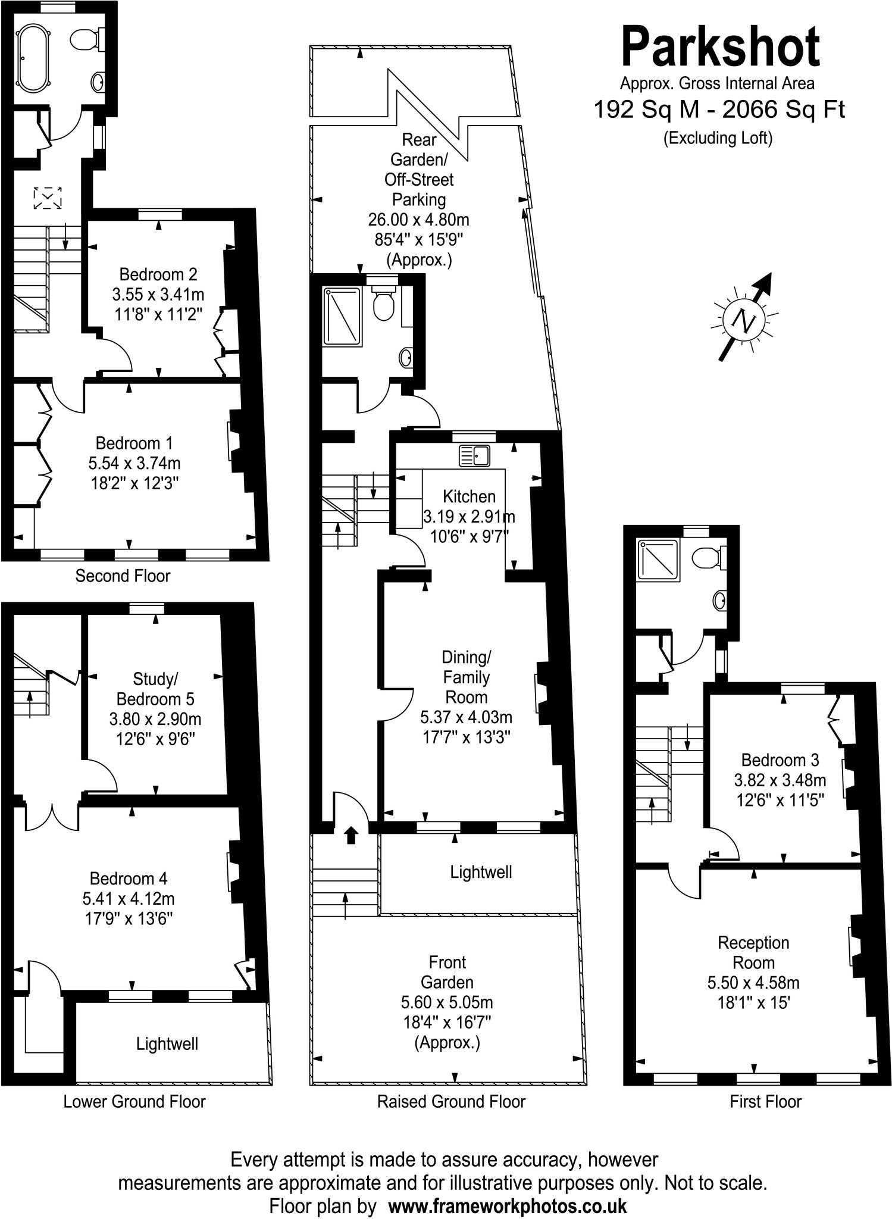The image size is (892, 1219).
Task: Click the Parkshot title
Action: tap(720, 47)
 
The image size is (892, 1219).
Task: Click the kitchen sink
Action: tap(474, 455)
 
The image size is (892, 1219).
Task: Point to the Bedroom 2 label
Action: tap(158, 274)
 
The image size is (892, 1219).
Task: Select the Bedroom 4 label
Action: tap(129, 878)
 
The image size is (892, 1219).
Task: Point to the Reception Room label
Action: tap(753, 952)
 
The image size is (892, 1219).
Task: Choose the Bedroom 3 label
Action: tap(780, 759)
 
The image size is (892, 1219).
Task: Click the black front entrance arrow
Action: tap(351, 835)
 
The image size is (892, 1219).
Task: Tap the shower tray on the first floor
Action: tap(658, 559)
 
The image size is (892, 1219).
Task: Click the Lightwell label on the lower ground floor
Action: tap(167, 1043)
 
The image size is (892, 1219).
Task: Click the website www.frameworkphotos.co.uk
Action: tap(507, 1206)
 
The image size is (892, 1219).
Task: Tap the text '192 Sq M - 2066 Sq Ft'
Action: tap(719, 110)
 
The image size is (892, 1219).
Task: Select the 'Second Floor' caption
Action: tap(123, 576)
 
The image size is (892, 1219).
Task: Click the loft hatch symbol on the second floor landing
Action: tap(48, 198)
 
